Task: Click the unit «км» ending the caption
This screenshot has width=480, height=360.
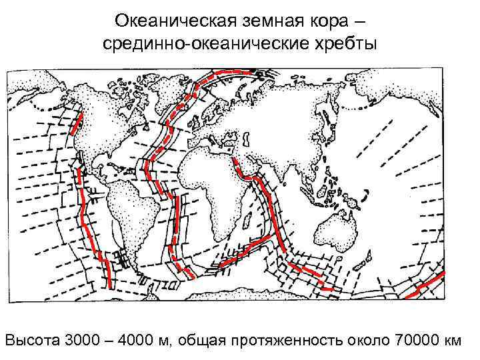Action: tap(452, 341)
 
